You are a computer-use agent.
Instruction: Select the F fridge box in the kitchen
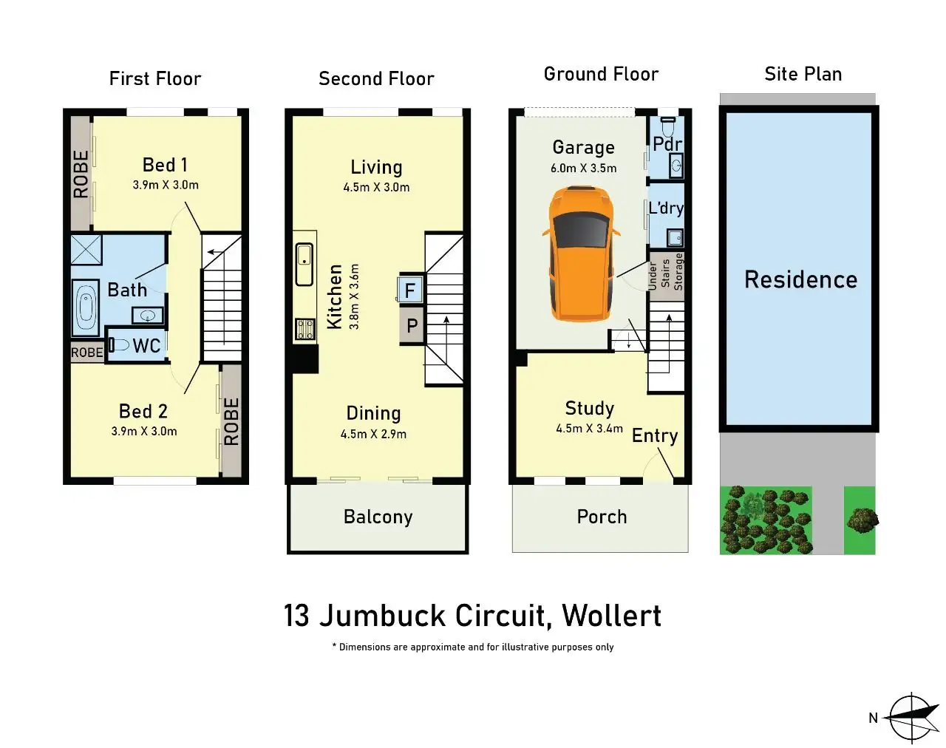point(410,290)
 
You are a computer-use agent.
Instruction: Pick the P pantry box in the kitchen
point(412,326)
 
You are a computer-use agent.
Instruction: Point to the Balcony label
point(378,517)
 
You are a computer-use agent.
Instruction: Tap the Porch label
point(602,517)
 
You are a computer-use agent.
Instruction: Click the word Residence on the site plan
point(800,279)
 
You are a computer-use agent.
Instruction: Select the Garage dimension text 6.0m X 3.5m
point(583,169)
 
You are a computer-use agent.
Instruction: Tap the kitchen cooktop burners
point(304,328)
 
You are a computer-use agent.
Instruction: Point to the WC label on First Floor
point(146,346)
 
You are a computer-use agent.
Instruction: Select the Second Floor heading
point(376,79)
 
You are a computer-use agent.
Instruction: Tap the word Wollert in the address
point(611,616)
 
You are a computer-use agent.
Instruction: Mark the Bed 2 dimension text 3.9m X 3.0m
point(144,432)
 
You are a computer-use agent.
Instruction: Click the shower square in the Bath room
point(86,250)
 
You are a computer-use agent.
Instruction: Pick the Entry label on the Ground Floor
point(654,435)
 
